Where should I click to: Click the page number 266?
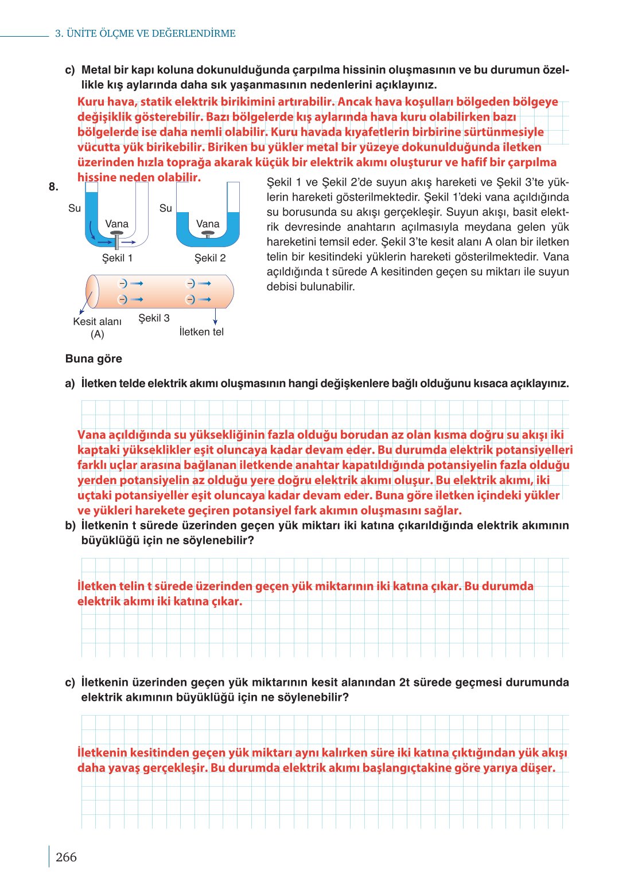(x=66, y=857)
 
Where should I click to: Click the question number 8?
(x=53, y=186)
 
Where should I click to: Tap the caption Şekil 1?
(x=117, y=258)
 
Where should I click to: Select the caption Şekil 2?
(x=210, y=258)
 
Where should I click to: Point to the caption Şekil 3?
(x=154, y=318)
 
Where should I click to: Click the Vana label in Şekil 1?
(x=116, y=224)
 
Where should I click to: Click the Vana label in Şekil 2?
(x=208, y=224)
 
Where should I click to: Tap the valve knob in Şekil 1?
(x=117, y=235)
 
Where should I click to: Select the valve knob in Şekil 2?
(x=208, y=234)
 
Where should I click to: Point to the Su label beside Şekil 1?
(x=75, y=208)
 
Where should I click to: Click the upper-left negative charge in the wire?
(x=122, y=283)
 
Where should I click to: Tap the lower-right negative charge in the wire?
(x=191, y=299)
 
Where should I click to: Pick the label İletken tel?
(x=201, y=332)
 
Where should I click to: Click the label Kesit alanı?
(x=97, y=322)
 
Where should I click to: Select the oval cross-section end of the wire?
(x=92, y=291)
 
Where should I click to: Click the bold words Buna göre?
(x=94, y=359)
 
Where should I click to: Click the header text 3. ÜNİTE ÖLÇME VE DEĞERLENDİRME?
(x=145, y=33)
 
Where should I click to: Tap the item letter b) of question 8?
(x=70, y=525)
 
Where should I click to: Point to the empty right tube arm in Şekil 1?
(x=142, y=209)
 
